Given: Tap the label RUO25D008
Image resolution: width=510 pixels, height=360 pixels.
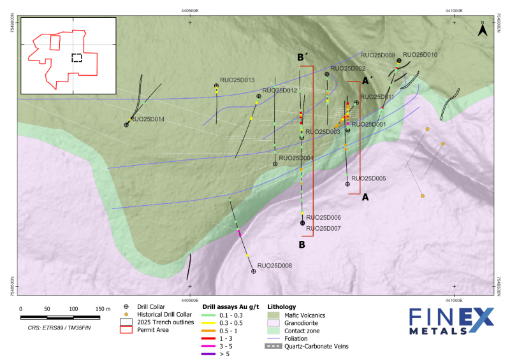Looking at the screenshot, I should coord(275,265).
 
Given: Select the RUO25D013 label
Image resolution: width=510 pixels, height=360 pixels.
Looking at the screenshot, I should coord(238,80).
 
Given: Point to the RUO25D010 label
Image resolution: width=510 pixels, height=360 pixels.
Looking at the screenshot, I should coord(420,55).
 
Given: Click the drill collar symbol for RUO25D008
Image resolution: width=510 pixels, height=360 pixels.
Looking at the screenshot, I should coord(254,271).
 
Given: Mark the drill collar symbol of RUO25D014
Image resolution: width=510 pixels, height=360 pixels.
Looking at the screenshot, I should coord(126,125).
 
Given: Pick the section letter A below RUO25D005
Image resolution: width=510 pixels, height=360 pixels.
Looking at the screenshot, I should coord(365,198).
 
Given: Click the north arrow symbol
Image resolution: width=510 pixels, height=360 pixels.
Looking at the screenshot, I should coord(483,28).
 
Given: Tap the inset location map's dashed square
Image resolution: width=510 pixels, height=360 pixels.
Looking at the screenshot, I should coord(76,57).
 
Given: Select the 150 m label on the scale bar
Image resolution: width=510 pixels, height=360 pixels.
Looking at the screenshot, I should coord(102,309).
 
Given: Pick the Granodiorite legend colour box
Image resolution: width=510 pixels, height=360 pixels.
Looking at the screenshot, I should coord(272,322).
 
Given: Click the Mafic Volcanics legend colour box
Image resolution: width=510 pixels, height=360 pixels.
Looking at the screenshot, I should coord(272,315).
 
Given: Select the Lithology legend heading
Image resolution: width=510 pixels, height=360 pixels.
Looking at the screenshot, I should coord(281,306).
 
